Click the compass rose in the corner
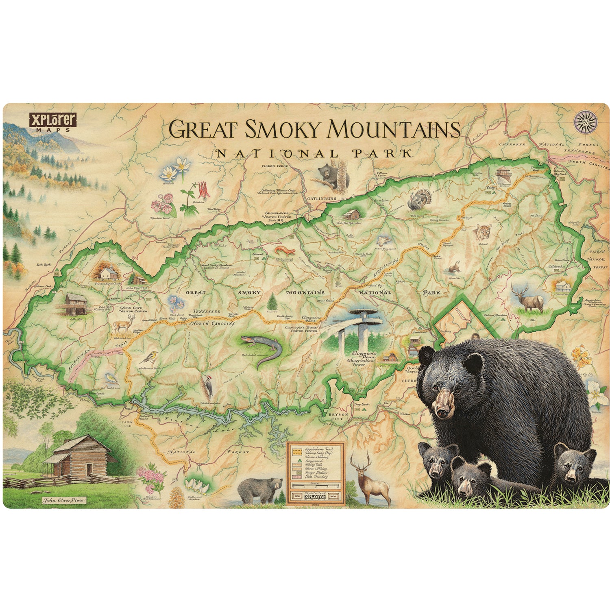click(586, 122)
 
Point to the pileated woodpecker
click(208, 387)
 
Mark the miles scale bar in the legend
click(315, 486)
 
